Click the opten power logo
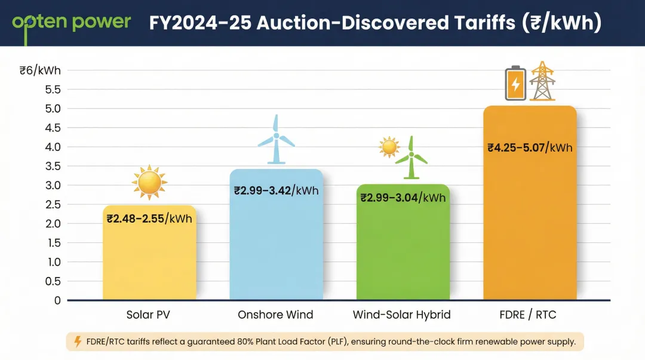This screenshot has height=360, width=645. (72, 23)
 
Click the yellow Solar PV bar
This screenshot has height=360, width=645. (149, 257)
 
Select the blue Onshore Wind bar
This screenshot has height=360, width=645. (276, 245)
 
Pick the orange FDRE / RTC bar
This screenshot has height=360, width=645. (530, 227)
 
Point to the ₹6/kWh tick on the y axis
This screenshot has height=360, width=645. (40, 70)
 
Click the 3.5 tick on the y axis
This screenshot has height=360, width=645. (53, 166)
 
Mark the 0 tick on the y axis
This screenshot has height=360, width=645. (58, 300)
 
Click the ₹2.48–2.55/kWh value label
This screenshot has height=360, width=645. (149, 219)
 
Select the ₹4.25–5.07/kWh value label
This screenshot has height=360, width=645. (530, 147)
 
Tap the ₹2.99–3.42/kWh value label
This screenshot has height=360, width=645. (276, 191)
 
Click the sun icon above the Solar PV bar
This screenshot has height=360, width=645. (149, 183)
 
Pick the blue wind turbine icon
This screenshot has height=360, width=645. (276, 140)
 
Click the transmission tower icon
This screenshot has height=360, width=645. (542, 81)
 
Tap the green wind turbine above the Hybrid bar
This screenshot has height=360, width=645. (411, 158)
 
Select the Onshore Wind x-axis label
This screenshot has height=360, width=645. (275, 315)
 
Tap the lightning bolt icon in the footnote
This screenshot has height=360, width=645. (77, 341)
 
